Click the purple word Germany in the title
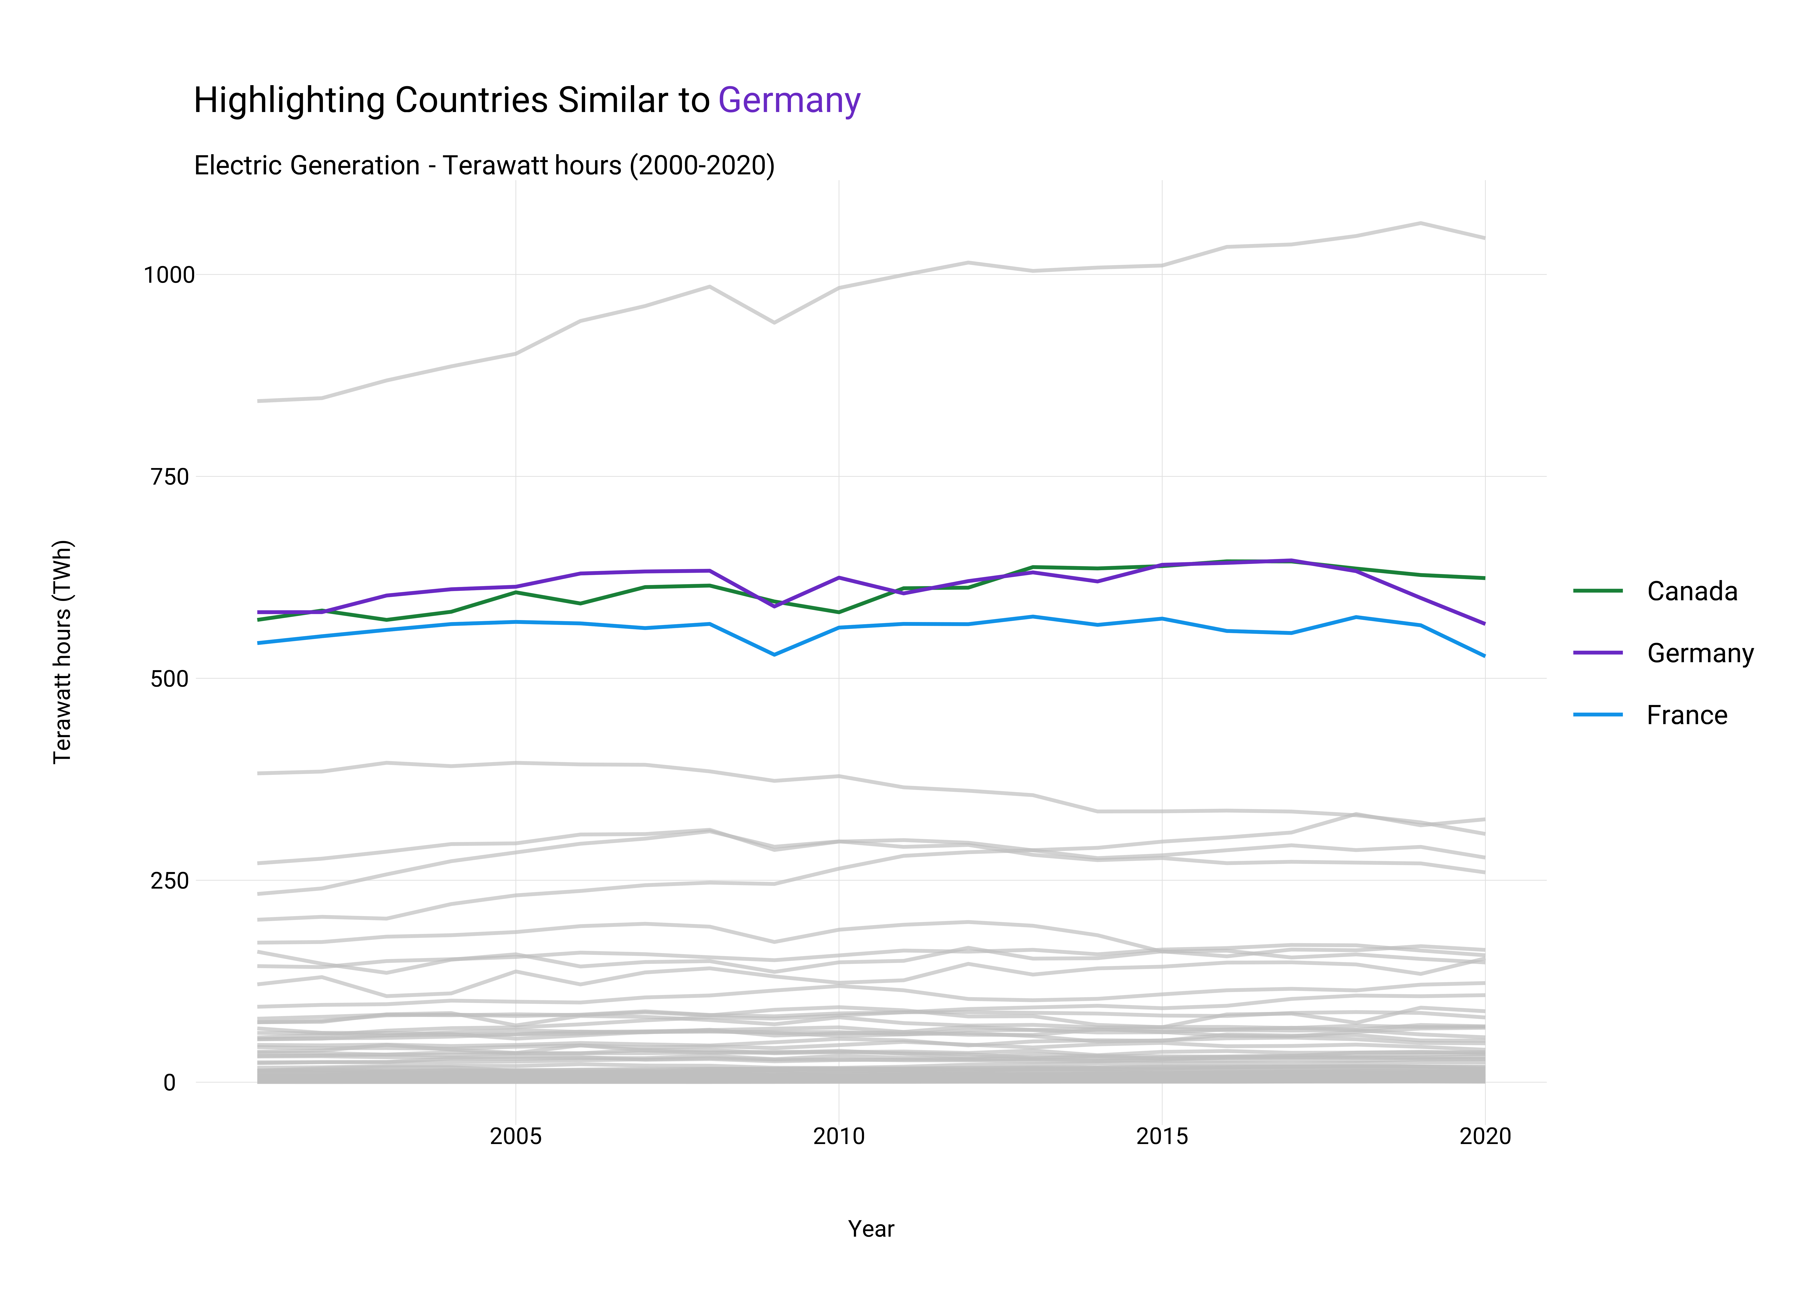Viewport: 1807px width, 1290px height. pos(789,101)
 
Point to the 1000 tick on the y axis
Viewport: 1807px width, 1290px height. pos(168,275)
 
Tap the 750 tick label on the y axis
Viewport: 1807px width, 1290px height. pos(170,477)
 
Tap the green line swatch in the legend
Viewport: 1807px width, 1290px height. pos(1598,591)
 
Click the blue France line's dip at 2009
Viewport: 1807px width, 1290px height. pos(775,654)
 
